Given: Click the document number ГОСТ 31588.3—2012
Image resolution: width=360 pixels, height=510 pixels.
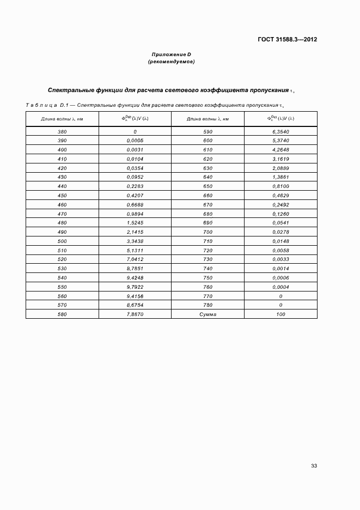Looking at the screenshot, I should [288, 39].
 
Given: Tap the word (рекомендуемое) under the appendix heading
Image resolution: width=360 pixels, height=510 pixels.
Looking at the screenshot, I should [171, 62].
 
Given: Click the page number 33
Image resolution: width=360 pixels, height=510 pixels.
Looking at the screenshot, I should [314, 465].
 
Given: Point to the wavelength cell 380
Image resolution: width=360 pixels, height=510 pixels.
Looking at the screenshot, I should [62, 132].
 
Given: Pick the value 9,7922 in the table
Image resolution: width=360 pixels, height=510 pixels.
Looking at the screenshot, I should [135, 287].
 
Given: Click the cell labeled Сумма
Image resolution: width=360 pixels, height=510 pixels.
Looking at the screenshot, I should [208, 314].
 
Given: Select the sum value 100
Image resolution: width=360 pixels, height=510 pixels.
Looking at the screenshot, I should [280, 314].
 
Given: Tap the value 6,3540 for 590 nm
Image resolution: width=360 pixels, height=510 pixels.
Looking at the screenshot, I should [280, 132].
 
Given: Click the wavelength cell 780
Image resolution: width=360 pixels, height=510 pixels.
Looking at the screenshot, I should [208, 305].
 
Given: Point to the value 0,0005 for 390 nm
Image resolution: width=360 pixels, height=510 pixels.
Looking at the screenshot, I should [135, 141].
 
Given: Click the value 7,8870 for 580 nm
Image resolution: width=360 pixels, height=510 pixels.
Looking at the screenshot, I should [135, 314].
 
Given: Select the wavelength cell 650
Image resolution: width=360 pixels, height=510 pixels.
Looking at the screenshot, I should [208, 186].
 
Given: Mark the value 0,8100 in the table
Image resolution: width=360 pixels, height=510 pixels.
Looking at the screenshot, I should [280, 186].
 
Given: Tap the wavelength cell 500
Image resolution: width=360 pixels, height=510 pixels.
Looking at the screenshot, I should [62, 241].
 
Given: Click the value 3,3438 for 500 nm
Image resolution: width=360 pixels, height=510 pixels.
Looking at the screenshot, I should [135, 241].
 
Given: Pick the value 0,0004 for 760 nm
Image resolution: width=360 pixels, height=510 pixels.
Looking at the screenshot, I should [280, 287].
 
